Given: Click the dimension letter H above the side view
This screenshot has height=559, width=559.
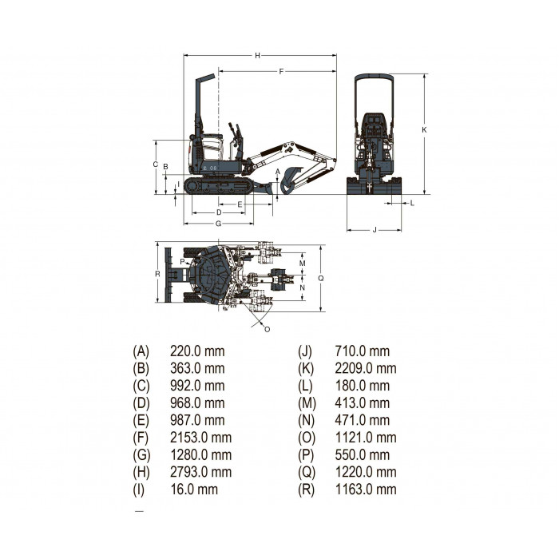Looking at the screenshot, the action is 257,56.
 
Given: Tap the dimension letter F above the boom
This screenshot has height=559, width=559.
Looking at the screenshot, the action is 281,72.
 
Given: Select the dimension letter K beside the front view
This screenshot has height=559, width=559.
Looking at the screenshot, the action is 424,130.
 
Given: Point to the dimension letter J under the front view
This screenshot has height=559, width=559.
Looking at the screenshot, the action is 375,230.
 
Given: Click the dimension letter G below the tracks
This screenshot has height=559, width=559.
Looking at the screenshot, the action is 218,224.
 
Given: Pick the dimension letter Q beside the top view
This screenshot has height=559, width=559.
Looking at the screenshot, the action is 321,278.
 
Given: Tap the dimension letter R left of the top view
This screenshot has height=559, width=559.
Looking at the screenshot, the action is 157,274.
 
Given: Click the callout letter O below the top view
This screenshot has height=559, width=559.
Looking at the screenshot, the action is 267,329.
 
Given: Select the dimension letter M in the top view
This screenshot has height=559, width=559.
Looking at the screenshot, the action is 303,264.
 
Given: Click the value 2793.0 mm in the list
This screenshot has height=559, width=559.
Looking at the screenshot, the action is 200,472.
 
